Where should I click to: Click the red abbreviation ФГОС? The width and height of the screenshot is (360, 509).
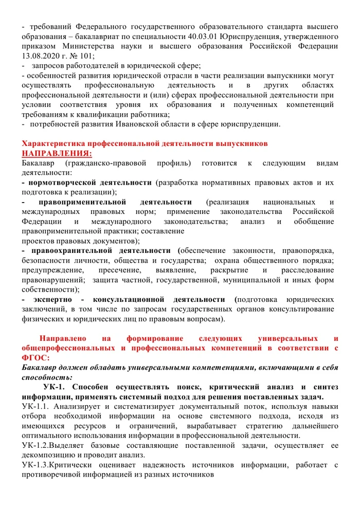click(x=35, y=358)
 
